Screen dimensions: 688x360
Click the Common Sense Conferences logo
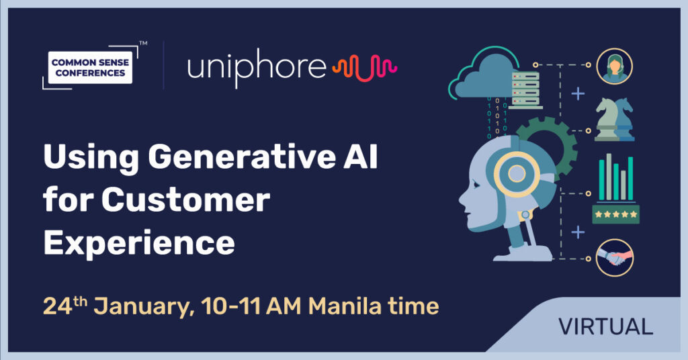(91, 68)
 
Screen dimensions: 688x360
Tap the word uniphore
(257, 68)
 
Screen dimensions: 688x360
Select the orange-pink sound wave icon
(365, 68)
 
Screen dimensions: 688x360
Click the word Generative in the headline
(242, 157)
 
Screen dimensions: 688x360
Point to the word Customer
(185, 200)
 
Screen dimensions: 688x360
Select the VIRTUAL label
(605, 326)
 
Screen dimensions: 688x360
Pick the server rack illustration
(525, 90)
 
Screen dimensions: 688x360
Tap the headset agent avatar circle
(614, 66)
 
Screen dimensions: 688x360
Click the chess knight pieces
(614, 120)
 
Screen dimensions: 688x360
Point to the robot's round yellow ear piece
(517, 174)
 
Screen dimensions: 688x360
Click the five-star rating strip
(615, 214)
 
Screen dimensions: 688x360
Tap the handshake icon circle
(614, 257)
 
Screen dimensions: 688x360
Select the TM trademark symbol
(143, 43)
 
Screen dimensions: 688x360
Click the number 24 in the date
(58, 306)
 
